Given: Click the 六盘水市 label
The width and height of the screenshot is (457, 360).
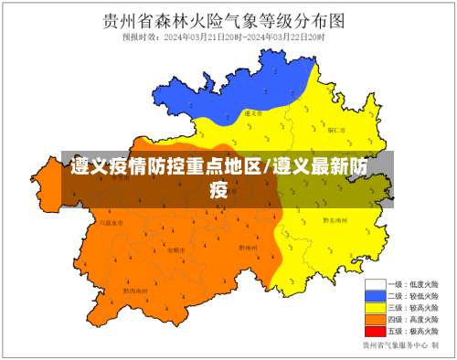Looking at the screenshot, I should point(111,222).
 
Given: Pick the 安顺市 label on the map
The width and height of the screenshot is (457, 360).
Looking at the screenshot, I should point(175,249).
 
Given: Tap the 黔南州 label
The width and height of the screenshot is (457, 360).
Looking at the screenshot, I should point(247,247).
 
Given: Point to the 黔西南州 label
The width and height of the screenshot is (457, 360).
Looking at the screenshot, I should point(134,291).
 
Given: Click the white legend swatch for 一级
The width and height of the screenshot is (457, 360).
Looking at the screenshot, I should point(373,284).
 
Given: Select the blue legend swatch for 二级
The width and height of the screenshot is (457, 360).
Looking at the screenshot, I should point(373,296).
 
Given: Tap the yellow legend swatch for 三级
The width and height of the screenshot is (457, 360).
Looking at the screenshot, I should point(373,308).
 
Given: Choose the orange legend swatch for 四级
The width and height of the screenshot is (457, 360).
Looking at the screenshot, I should point(373,320).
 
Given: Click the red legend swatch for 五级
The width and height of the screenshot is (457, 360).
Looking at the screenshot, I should point(373,332).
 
